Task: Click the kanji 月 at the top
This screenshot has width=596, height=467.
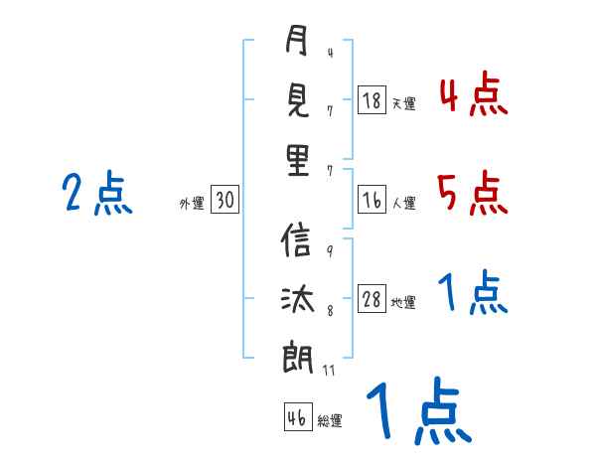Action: pyautogui.click(x=296, y=40)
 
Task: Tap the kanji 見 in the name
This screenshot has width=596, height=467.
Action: pyautogui.click(x=298, y=100)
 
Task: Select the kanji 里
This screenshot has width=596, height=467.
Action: pyautogui.click(x=298, y=160)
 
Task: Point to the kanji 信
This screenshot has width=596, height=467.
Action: pyautogui.click(x=296, y=239)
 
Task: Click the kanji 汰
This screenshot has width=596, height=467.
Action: pyautogui.click(x=298, y=299)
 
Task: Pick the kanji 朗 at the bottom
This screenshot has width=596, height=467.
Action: pyautogui.click(x=298, y=358)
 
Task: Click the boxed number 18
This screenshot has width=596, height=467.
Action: pyautogui.click(x=372, y=100)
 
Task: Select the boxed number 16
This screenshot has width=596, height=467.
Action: pyautogui.click(x=372, y=200)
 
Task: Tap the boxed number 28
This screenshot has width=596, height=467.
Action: pyautogui.click(x=372, y=298)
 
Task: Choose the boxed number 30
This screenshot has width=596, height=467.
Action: pyautogui.click(x=224, y=200)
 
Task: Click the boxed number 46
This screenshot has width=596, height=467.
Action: pyautogui.click(x=298, y=416)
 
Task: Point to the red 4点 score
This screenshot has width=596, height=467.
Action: pyautogui.click(x=474, y=94)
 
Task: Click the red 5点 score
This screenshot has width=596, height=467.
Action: pyautogui.click(x=473, y=193)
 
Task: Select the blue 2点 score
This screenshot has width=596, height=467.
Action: pyautogui.click(x=97, y=193)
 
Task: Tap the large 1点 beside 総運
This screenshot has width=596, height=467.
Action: pyautogui.click(x=419, y=410)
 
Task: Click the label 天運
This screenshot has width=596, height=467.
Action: pyautogui.click(x=403, y=103)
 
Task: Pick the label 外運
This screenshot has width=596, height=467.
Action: pyautogui.click(x=192, y=203)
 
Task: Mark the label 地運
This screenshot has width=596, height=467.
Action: pyautogui.click(x=403, y=302)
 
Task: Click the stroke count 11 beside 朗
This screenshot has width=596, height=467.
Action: pyautogui.click(x=329, y=370)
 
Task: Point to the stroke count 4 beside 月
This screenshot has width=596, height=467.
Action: pyautogui.click(x=331, y=53)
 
